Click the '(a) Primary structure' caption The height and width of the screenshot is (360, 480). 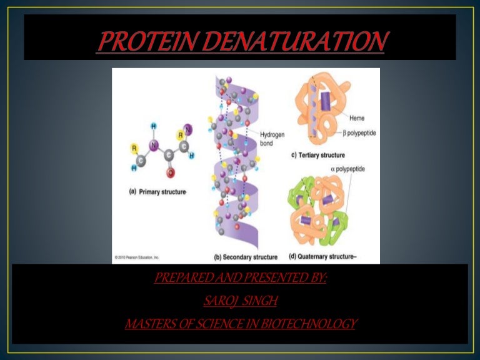(x=157, y=192)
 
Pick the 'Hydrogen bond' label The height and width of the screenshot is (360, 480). (x=271, y=138)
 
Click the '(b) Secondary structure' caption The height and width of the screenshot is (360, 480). (x=246, y=257)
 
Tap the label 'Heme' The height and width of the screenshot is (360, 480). (x=357, y=118)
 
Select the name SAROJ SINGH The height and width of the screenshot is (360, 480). (x=240, y=302)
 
